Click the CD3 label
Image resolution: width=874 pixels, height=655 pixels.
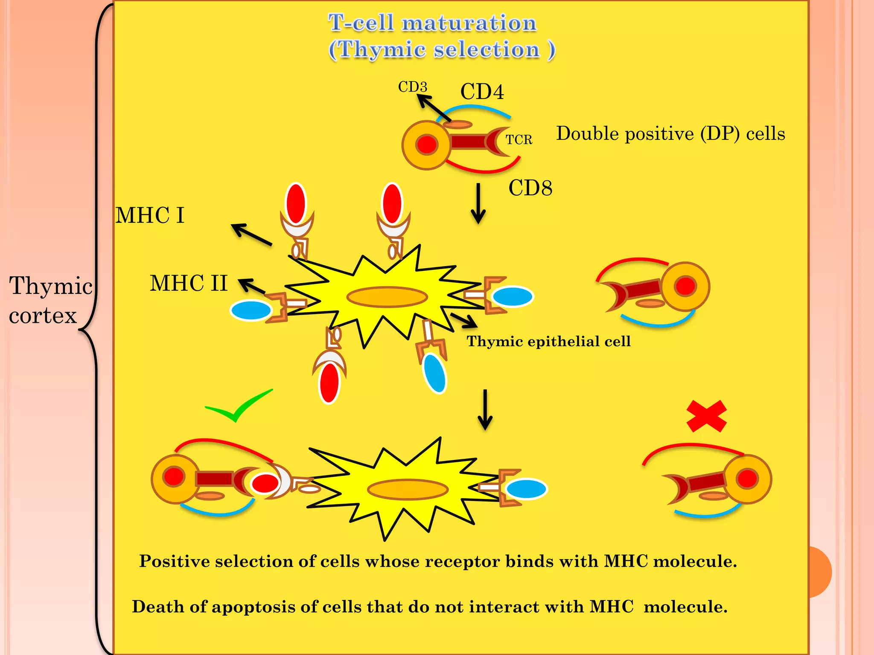(412, 87)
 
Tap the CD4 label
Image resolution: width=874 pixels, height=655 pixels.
(482, 92)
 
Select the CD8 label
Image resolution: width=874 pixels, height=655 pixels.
(530, 188)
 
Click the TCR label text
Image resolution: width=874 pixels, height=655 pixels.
(519, 140)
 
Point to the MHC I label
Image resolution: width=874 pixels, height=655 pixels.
(150, 215)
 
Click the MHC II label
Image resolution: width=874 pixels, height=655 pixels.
(189, 283)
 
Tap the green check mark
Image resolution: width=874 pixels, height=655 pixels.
(239, 406)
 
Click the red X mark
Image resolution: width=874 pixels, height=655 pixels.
(706, 416)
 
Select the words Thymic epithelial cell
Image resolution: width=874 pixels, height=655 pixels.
(548, 342)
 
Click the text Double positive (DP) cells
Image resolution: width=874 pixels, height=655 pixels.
(670, 134)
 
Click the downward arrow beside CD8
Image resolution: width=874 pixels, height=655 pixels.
(478, 204)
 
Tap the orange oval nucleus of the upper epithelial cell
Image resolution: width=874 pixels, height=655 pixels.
(387, 297)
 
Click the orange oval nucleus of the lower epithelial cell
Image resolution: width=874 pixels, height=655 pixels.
(408, 489)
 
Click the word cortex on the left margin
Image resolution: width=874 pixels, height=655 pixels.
(43, 316)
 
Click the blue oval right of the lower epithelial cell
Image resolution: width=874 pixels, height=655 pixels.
(526, 489)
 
